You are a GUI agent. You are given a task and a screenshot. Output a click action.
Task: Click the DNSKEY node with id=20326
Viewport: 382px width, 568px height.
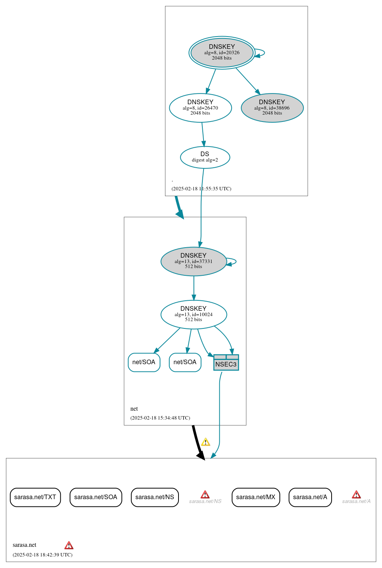click(222, 53)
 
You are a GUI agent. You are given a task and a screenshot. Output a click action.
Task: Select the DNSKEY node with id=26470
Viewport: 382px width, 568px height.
click(200, 108)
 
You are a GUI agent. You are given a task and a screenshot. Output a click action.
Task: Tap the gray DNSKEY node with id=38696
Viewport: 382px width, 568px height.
click(272, 108)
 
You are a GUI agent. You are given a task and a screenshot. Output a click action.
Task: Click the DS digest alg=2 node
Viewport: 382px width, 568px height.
click(205, 157)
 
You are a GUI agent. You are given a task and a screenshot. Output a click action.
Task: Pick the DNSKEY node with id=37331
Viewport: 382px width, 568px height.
click(194, 262)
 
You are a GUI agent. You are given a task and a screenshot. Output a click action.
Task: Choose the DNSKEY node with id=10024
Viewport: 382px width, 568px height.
click(194, 315)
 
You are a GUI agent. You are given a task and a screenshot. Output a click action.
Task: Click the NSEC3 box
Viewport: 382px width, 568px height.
click(226, 363)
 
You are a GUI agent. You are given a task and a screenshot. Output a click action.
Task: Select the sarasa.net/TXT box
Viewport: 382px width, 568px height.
click(35, 497)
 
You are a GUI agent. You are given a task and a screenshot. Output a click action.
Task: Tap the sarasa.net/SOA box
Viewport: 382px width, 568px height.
click(96, 497)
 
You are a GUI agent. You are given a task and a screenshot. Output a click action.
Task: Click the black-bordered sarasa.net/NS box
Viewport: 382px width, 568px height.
click(155, 497)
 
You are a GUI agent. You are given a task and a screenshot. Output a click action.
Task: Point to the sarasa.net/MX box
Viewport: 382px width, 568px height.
click(256, 497)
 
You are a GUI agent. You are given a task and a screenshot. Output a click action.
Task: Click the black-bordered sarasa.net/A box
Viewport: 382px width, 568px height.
click(310, 497)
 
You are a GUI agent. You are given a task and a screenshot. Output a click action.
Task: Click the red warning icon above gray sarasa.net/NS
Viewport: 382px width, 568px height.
click(205, 494)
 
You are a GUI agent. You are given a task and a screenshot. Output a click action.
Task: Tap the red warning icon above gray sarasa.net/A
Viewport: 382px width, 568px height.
click(356, 494)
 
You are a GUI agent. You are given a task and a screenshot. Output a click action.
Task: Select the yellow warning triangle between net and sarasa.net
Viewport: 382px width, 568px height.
click(206, 442)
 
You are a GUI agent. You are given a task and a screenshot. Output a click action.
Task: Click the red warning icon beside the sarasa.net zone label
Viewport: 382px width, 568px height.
click(69, 545)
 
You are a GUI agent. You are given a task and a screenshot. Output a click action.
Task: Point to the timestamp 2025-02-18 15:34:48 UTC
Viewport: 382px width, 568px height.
click(160, 418)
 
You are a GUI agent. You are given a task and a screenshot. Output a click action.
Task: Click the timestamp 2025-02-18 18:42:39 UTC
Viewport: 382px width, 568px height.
click(42, 555)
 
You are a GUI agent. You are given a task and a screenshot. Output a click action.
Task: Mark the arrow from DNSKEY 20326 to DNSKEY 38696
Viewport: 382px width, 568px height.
click(247, 80)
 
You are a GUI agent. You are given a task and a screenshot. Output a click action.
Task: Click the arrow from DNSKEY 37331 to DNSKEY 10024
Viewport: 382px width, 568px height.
click(194, 288)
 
